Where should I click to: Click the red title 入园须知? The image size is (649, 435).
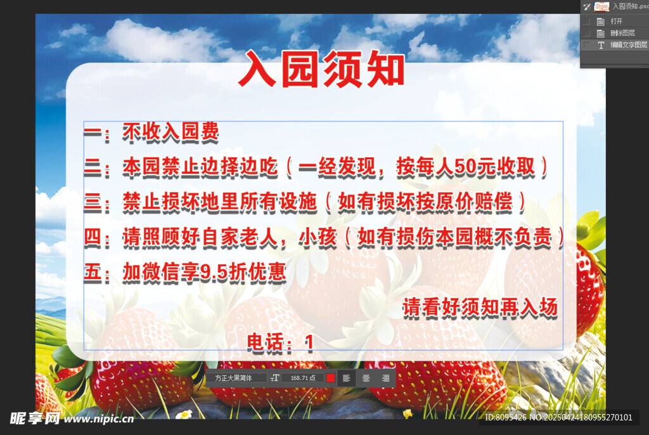point(321,70)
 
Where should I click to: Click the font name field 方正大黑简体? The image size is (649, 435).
point(235,378)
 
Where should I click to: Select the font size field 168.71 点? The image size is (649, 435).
point(302,378)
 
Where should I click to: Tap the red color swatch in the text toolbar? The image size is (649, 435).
point(330,378)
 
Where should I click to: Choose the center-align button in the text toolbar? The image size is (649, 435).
point(366,378)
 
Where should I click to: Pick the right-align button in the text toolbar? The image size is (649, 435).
point(385,378)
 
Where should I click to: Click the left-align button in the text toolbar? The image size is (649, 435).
point(347,378)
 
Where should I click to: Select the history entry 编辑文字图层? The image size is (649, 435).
point(628,45)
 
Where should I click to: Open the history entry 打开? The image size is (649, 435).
point(616,21)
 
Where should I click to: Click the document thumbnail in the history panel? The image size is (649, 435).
point(601,6)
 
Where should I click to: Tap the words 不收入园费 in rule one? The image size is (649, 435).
point(171,132)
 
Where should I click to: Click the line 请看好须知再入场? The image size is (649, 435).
point(480,308)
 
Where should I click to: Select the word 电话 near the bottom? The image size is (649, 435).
point(263,343)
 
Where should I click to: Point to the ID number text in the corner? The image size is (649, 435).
point(558,418)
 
